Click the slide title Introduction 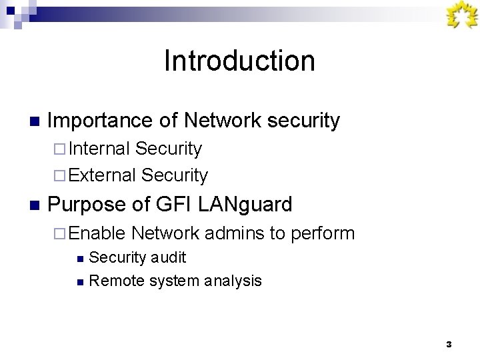(239, 61)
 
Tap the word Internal (99, 148)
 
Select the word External (101, 175)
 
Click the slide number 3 (449, 344)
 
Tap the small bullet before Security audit (80, 258)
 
